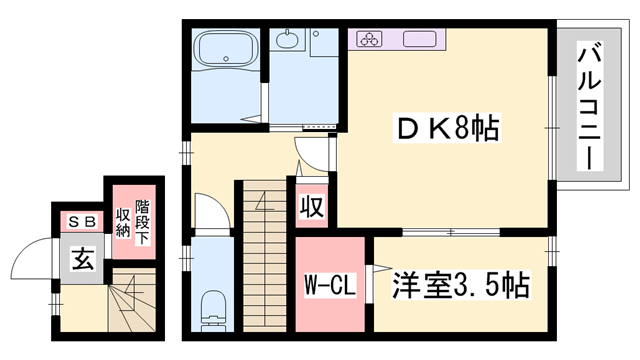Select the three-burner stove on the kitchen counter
(x=368, y=40)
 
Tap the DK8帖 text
(x=447, y=129)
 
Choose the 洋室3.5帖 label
(x=460, y=282)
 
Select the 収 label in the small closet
(x=310, y=207)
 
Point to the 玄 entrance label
(x=81, y=261)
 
